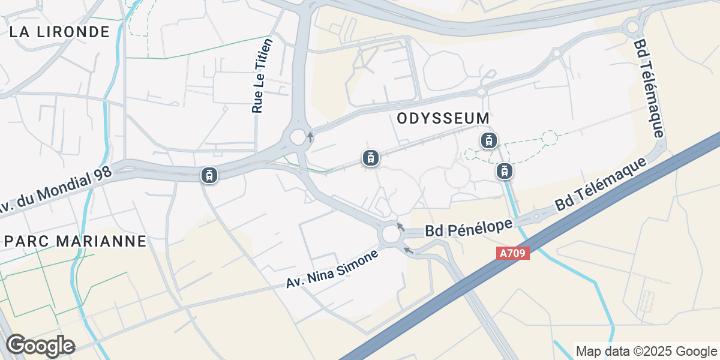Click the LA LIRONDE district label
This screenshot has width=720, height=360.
pos(60,32)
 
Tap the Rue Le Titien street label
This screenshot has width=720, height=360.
pos(262,76)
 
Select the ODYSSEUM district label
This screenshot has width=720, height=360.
pos(443,118)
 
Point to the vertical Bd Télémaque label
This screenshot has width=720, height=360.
pos(649,88)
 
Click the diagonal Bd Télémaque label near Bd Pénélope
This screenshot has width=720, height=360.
pos(602,184)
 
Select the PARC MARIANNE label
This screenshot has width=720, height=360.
pos(75,241)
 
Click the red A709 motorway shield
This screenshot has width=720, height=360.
pos(513,253)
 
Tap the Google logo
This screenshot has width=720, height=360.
pos(40,346)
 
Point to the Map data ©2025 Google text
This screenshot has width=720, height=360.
pos(646,351)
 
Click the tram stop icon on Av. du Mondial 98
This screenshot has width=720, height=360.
pos(209,175)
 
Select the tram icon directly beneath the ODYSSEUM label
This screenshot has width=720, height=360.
pos(489,141)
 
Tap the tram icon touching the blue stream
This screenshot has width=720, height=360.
pos(505,172)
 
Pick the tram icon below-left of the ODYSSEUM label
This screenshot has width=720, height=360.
pos(371,158)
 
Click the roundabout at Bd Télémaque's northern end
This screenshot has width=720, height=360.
pos(631,26)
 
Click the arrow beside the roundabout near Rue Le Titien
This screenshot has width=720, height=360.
pos(310,136)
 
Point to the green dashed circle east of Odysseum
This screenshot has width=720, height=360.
pos(549,139)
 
